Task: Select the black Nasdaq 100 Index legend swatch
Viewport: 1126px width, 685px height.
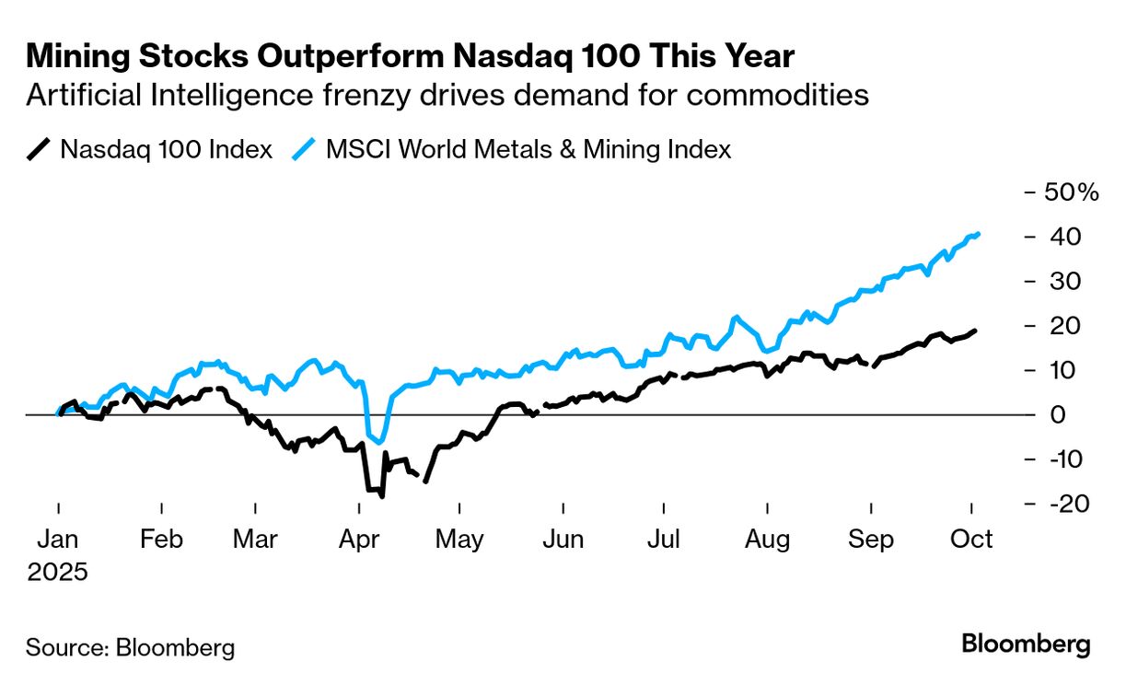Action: [39, 148]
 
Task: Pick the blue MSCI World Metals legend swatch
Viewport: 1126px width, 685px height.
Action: [304, 148]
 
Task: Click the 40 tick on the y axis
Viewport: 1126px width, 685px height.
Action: [1062, 237]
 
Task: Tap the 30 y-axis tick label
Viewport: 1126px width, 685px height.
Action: [1062, 281]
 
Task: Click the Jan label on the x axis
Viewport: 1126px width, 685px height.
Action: [58, 539]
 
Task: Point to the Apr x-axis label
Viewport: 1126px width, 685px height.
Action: [360, 539]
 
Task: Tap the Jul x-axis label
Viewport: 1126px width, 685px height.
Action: [664, 539]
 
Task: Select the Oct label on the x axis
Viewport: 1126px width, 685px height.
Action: [972, 539]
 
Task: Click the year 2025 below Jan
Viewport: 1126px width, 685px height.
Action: [58, 572]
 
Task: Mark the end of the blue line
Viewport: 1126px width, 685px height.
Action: [977, 234]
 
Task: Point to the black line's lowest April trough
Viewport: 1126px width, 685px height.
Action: [381, 496]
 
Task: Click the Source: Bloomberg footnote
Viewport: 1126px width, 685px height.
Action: [130, 647]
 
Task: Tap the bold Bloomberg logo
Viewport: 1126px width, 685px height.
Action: [1026, 644]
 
